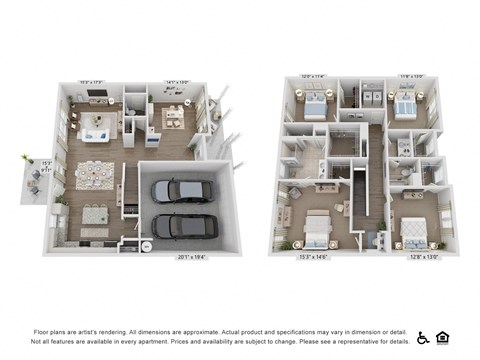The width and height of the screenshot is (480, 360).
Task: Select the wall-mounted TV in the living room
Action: [97, 96]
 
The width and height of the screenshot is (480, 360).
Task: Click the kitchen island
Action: [96, 213]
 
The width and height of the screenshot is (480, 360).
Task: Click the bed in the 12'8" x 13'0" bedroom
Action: [415, 233]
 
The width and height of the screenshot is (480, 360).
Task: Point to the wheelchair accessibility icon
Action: [422, 337]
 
